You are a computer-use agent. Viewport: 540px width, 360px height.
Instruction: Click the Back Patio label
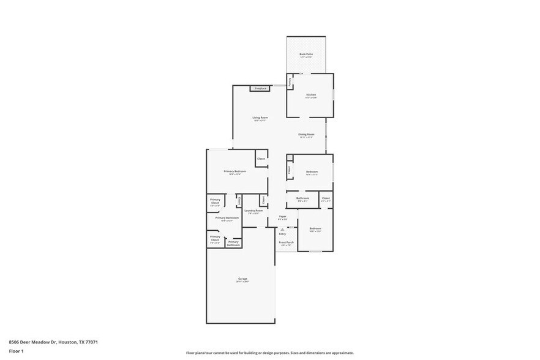click(x=306, y=54)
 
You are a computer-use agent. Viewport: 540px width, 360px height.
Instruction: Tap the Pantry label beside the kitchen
click(x=290, y=81)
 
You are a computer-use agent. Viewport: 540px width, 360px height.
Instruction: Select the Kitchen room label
click(x=311, y=94)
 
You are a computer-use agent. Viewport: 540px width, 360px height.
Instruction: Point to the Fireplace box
click(x=260, y=89)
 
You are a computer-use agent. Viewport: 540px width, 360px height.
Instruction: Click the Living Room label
click(x=260, y=118)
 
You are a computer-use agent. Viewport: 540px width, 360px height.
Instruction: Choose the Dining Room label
click(x=306, y=134)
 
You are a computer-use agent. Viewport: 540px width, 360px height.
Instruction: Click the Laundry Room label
click(x=253, y=211)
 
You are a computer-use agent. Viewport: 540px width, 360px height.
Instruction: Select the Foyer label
click(x=282, y=216)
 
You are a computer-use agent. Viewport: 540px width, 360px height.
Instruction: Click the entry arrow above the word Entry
click(x=282, y=229)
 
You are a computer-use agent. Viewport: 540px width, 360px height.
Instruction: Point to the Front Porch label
click(x=286, y=242)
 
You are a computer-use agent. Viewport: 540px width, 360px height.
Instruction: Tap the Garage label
click(x=243, y=279)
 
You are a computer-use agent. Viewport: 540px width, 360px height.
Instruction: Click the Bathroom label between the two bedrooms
click(x=302, y=198)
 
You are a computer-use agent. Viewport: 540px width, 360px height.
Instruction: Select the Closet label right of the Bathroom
click(x=326, y=198)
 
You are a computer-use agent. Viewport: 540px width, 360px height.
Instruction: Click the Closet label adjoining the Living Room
click(x=261, y=159)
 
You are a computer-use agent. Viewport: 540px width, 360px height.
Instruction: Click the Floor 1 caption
click(x=16, y=351)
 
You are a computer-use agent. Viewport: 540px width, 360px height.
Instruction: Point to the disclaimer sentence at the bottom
click(x=269, y=353)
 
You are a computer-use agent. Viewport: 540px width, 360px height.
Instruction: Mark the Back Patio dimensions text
click(x=306, y=58)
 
